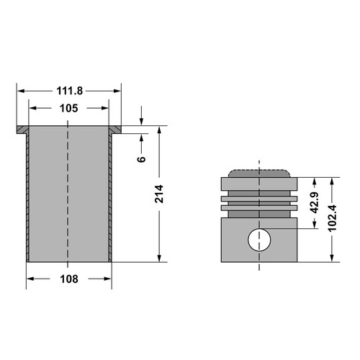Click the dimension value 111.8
(70, 91)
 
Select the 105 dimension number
(69, 108)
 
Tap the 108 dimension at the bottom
(69, 279)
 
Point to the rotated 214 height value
(159, 194)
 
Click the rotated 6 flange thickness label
(142, 159)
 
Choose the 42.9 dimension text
(315, 202)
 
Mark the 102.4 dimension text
(332, 218)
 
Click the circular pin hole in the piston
(259, 240)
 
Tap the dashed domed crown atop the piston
(259, 174)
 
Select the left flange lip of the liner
(23, 130)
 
